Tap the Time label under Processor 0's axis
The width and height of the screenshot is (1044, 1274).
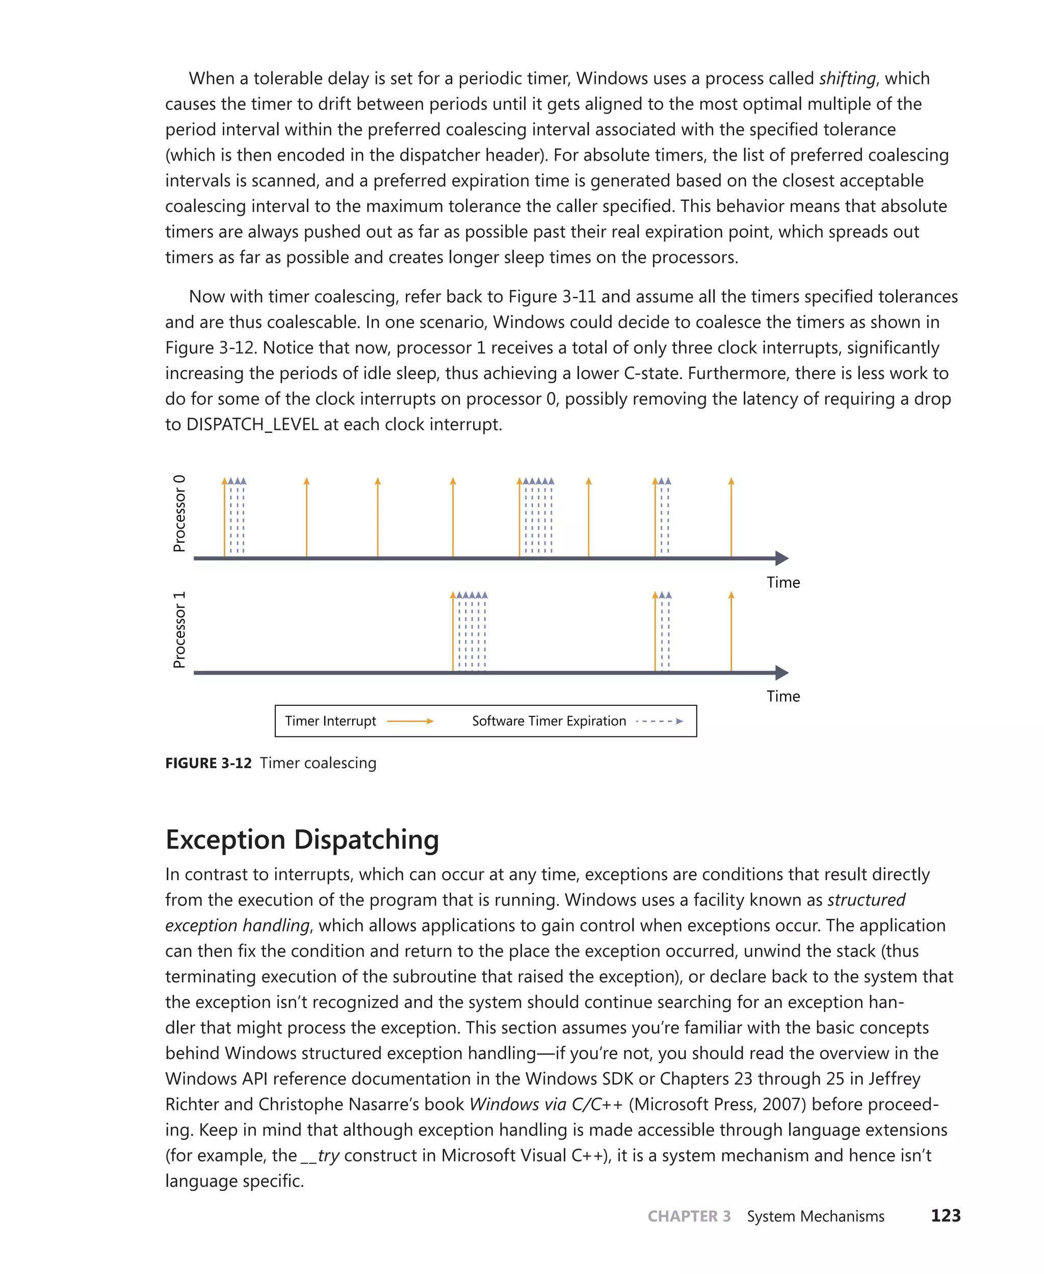click(x=783, y=582)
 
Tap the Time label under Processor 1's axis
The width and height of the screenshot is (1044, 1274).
click(x=783, y=696)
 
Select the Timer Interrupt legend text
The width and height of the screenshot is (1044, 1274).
click(x=330, y=721)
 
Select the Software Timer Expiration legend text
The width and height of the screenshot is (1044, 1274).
click(x=549, y=721)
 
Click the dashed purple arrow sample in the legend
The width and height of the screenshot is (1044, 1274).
click(x=659, y=721)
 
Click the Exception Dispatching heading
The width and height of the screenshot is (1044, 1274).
click(x=302, y=839)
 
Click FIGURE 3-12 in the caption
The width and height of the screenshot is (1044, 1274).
click(x=208, y=763)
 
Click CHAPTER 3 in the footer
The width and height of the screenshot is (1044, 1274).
click(x=689, y=1216)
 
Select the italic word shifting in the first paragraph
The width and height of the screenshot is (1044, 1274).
click(x=847, y=79)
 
